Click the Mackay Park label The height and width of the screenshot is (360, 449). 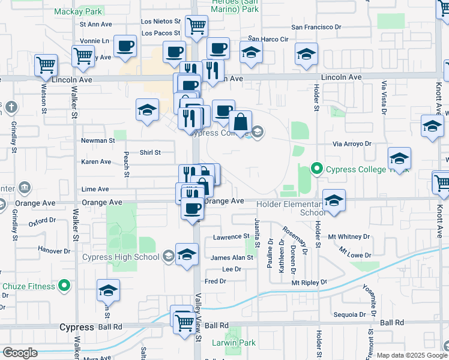[79, 11]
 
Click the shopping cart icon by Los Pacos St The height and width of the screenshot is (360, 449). [196, 26]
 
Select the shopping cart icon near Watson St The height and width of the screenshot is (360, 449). [46, 65]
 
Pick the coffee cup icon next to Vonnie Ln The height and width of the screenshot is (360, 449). [125, 46]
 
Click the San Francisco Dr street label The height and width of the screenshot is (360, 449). [316, 27]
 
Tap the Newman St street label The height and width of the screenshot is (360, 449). [98, 141]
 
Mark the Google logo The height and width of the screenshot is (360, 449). [20, 353]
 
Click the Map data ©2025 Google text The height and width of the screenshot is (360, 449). [411, 355]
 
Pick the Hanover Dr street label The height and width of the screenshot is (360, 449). [55, 249]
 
